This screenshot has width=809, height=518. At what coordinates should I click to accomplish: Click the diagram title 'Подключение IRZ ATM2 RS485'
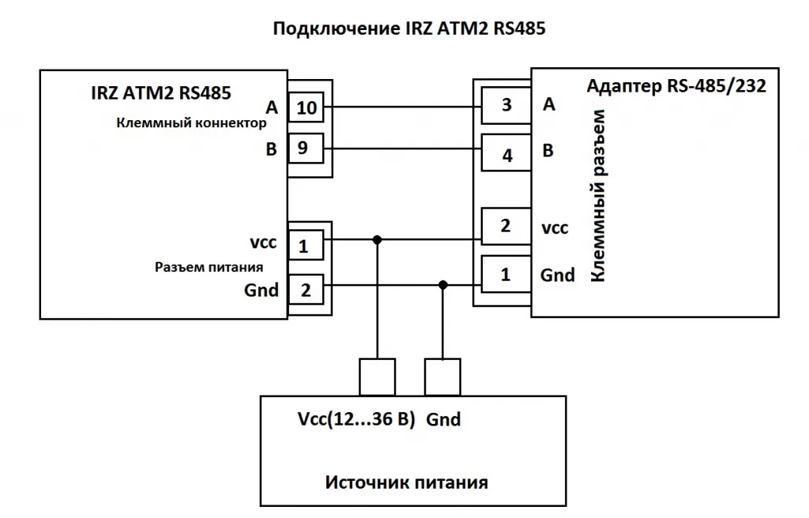coord(409,29)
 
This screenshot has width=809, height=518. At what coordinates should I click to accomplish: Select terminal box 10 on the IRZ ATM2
coord(306,108)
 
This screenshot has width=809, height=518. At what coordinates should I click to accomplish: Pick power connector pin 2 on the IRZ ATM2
coord(306,290)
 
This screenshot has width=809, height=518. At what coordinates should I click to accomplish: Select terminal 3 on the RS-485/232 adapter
coord(506,105)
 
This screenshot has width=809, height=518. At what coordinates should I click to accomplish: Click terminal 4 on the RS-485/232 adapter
coord(506,155)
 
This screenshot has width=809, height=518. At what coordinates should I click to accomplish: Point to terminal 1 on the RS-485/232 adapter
coord(506,275)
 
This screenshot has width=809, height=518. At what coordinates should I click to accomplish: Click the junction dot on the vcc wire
coord(378,240)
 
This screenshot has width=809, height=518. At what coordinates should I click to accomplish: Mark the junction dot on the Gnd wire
coord(443,285)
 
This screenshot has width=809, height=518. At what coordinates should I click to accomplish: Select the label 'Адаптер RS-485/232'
coord(676,86)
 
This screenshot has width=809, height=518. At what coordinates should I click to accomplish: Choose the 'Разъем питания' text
coord(209,267)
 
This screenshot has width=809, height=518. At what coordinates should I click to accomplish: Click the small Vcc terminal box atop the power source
coord(377,376)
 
